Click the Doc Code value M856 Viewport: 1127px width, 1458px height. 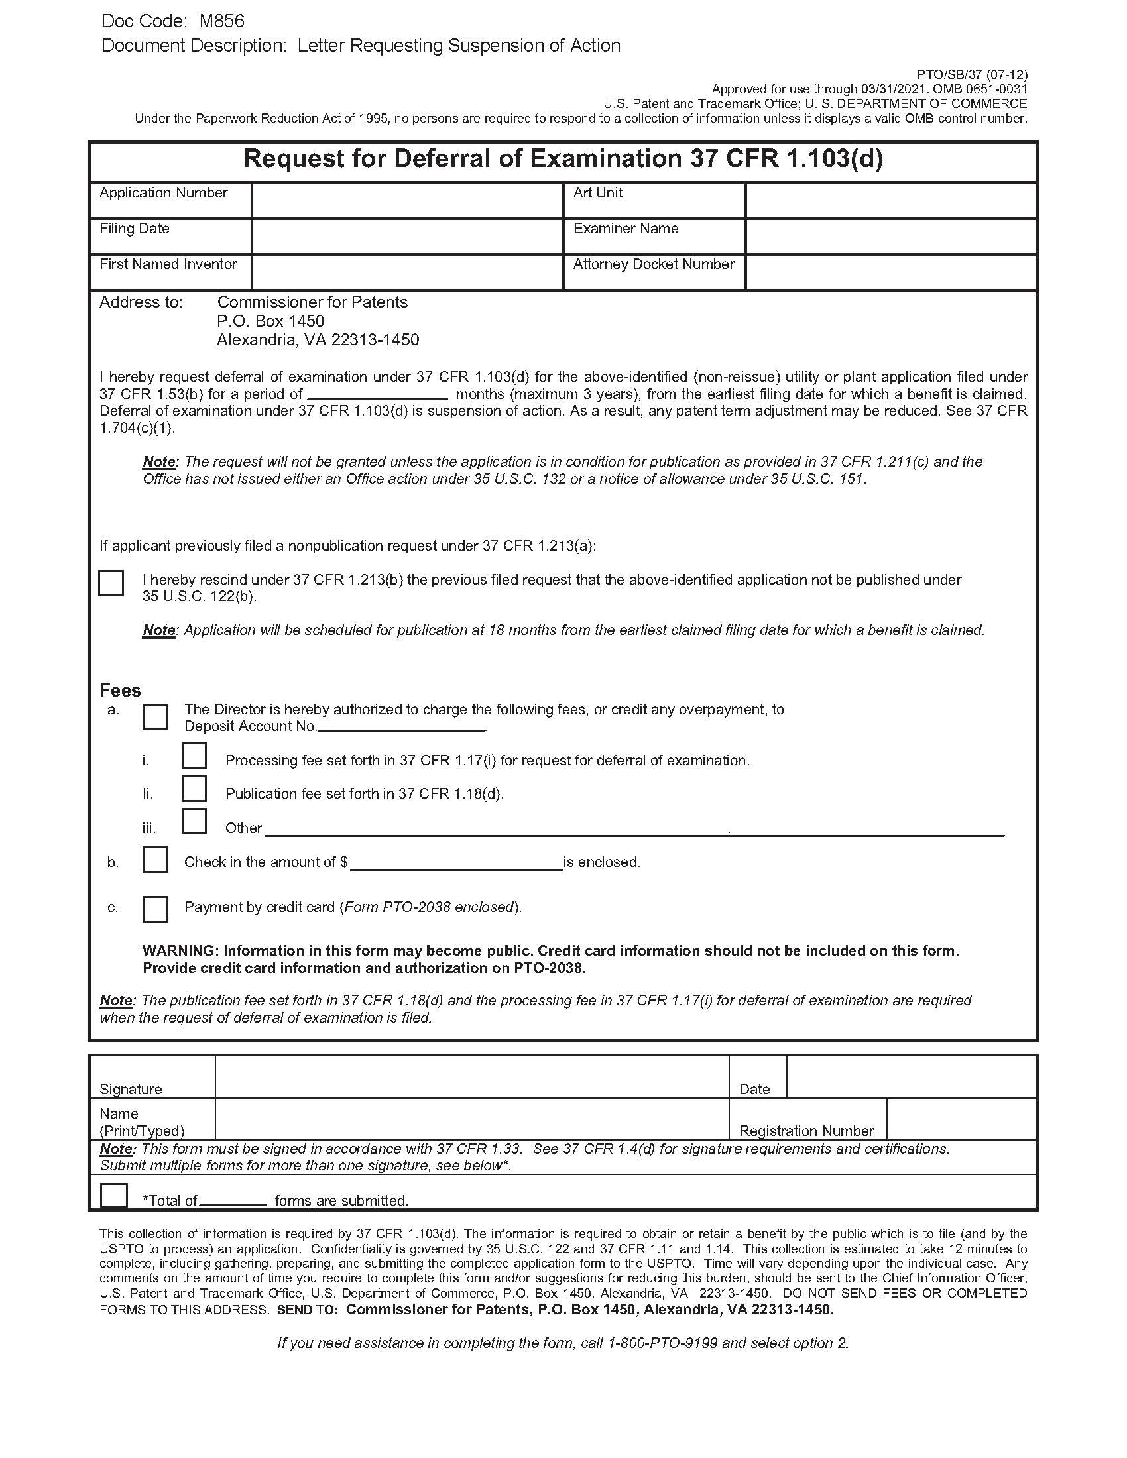(x=221, y=21)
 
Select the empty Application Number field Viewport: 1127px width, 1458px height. (x=407, y=200)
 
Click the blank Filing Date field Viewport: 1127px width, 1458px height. (x=407, y=237)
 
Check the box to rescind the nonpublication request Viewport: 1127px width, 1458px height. (x=111, y=583)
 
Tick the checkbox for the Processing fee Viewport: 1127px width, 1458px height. (x=194, y=756)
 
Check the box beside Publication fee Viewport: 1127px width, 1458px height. (x=194, y=789)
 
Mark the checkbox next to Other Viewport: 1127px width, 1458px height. (x=194, y=822)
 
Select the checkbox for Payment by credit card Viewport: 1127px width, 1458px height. (x=155, y=909)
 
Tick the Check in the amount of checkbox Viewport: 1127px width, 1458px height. (x=155, y=860)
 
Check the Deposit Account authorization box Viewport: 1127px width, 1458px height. (x=155, y=717)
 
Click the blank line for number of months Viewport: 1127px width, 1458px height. (x=377, y=394)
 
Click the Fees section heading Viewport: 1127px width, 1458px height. (x=120, y=691)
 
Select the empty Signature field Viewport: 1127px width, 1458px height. (x=471, y=1077)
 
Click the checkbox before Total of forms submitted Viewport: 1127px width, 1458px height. (x=113, y=1196)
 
